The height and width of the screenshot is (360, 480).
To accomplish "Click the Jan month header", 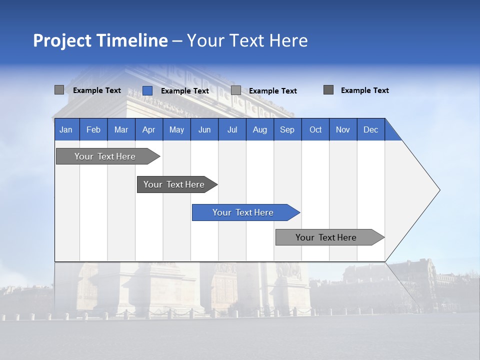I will [x=66, y=129].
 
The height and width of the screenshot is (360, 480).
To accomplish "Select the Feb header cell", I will [x=93, y=129].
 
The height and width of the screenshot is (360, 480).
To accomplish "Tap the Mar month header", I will [x=121, y=129].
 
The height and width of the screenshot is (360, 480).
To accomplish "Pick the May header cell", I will [x=176, y=129].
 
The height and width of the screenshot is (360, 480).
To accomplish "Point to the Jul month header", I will [x=232, y=129].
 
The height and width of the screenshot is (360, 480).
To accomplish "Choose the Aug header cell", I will [x=259, y=129].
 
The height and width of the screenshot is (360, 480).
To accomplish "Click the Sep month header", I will [x=287, y=129].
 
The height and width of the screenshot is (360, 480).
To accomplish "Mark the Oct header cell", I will [x=315, y=129].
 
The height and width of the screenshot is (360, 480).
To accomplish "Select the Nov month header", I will [x=343, y=129].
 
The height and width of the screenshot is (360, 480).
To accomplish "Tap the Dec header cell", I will [x=370, y=129].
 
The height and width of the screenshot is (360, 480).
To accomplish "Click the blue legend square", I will [x=147, y=90].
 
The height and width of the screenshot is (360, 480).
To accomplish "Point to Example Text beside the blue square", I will [x=184, y=91].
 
